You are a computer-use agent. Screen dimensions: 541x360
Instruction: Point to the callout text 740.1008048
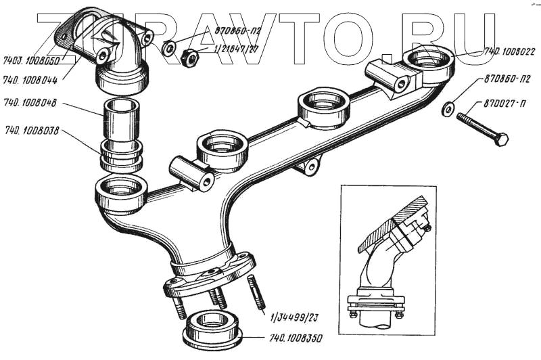(x=30, y=104)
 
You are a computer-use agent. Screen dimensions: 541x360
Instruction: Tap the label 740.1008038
(x=31, y=130)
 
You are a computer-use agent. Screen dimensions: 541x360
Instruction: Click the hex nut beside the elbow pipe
(x=191, y=59)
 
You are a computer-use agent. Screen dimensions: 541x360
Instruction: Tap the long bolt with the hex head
(x=481, y=129)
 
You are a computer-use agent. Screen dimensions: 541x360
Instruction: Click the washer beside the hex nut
(x=170, y=48)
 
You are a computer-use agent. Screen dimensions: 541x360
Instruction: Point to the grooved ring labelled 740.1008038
(x=122, y=155)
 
